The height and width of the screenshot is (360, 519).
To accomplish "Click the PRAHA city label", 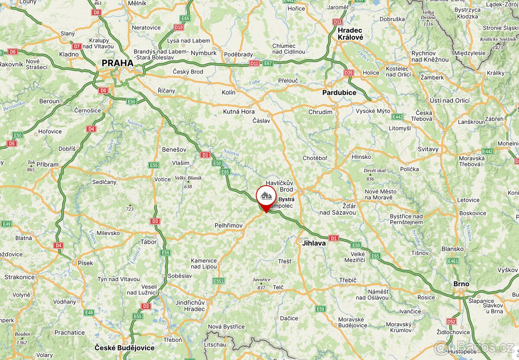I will pos(118,63).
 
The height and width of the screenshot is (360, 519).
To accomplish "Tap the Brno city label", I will pos(461,284).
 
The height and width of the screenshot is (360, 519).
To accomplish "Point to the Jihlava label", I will pos(314,243).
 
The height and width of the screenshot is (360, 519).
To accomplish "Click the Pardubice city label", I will pos(339,93).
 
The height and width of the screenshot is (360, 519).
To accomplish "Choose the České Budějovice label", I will pos(125,348).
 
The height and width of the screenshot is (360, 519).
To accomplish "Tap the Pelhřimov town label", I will pos(228,225).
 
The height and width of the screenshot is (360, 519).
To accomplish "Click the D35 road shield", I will pos(349,73).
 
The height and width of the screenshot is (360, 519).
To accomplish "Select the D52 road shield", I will pos(452,321).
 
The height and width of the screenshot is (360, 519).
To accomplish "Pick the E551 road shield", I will pos(218,281).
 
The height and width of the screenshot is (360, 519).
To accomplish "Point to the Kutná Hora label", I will pos(239,112).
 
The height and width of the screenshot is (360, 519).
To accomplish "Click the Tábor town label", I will pos(148,242).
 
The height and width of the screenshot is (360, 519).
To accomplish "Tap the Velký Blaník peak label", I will pos(188,178).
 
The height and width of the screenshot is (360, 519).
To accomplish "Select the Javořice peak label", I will pos(261,280).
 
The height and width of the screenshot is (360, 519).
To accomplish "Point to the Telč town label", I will pos(278,287).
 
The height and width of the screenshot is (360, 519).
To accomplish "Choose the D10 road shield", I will pos(179,27).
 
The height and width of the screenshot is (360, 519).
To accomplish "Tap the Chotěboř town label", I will pos(315,158).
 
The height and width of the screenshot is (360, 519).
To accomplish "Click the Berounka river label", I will pos(14,106).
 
